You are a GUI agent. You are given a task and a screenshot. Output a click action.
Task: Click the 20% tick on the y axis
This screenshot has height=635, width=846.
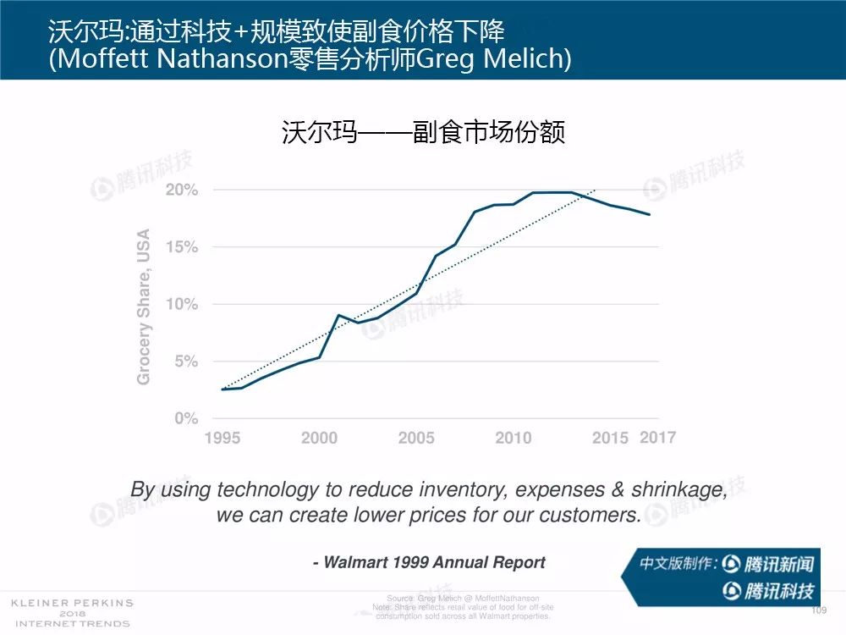tap(181, 190)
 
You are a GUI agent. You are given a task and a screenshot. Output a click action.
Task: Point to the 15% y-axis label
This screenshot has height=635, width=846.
tap(181, 247)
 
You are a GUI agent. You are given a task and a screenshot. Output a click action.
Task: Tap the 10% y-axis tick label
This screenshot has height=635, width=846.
tap(181, 304)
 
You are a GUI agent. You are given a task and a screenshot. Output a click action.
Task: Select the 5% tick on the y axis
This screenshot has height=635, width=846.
tap(184, 362)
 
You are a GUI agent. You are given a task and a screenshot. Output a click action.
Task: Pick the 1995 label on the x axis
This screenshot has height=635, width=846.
tap(222, 438)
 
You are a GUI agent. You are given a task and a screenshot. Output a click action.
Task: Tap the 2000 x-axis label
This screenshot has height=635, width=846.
tap(319, 438)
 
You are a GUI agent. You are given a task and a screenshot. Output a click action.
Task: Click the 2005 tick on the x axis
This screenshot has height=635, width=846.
tap(416, 438)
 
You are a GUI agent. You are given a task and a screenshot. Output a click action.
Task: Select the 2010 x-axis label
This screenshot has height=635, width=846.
tap(514, 438)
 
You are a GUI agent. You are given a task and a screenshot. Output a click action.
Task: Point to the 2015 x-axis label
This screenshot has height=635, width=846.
tap(610, 438)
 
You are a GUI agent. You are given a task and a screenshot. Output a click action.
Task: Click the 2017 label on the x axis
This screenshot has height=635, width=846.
tap(657, 437)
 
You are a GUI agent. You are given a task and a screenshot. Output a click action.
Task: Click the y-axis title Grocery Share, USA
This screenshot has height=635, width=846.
tap(144, 306)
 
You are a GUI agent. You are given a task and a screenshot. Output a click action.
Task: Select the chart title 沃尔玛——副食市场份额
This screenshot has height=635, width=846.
tap(423, 133)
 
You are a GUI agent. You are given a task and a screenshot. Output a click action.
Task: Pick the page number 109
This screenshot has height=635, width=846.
tap(818, 610)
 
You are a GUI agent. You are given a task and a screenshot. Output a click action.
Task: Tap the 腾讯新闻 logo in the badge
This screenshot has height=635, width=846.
tap(768, 564)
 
